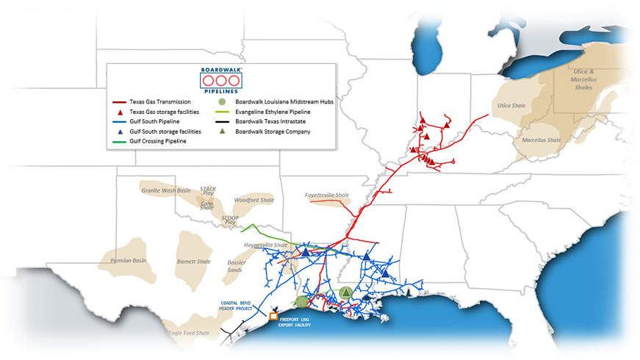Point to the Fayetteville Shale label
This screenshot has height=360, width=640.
(327, 195)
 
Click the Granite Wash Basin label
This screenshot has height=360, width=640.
(166, 190)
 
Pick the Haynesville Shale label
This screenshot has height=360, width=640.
(265, 244)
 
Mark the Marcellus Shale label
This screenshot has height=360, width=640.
(542, 140)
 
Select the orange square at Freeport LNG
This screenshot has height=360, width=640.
(273, 316)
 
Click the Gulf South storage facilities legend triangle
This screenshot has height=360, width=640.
(121, 131)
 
